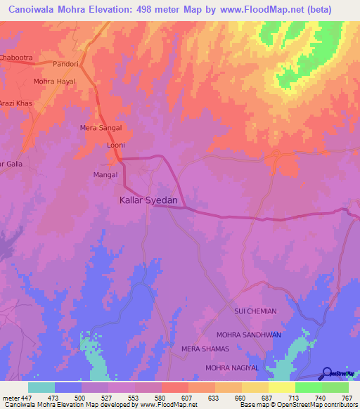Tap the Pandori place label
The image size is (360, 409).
click(x=67, y=63)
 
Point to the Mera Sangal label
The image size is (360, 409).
click(x=101, y=128)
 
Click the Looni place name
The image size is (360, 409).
click(x=115, y=145)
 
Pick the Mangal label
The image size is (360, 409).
click(x=105, y=174)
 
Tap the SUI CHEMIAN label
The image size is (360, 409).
click(x=255, y=311)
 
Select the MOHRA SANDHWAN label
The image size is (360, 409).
click(x=248, y=335)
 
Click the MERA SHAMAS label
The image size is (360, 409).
click(x=205, y=349)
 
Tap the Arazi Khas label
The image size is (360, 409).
click(x=16, y=103)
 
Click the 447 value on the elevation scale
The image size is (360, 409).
click(x=20, y=398)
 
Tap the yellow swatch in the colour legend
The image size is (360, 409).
click(x=281, y=387)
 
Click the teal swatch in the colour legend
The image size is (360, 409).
click(x=41, y=387)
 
